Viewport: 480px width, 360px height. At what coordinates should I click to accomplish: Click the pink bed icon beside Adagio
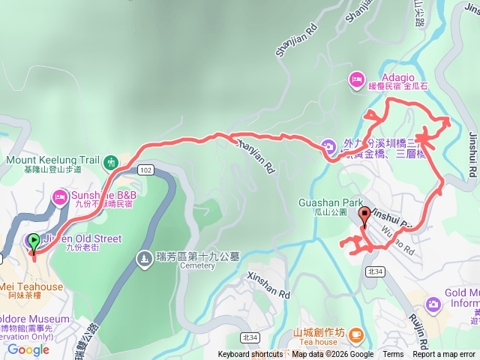356,78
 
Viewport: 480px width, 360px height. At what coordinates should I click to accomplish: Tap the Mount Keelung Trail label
52,160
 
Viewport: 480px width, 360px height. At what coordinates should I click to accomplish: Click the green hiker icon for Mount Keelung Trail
111,161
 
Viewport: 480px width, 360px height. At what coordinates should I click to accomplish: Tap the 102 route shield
145,170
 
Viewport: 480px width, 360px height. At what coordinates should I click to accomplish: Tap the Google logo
28,349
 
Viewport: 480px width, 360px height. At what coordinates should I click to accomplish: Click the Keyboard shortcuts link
250,355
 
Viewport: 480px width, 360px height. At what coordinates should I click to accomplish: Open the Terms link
393,355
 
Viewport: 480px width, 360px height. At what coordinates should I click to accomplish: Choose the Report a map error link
444,355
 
